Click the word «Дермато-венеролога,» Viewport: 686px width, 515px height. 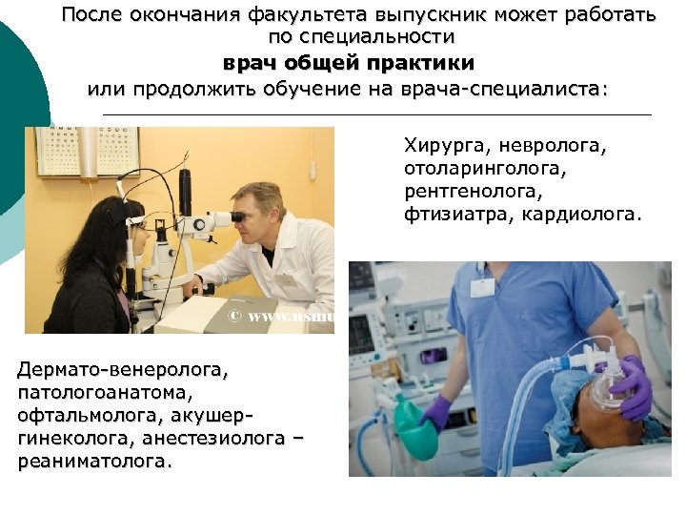pyautogui.click(x=123, y=367)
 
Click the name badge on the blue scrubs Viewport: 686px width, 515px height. pyautogui.click(x=483, y=288)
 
